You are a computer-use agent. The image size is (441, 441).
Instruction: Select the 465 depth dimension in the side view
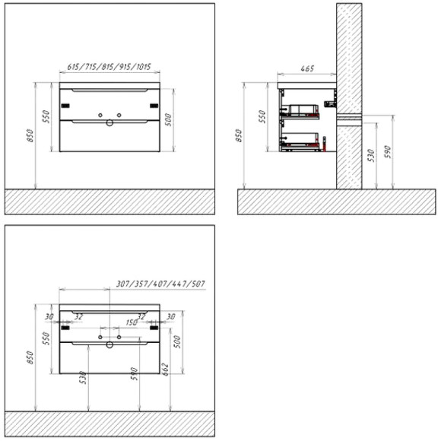tap(307, 68)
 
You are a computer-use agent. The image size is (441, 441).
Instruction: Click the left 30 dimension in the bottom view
tap(49, 317)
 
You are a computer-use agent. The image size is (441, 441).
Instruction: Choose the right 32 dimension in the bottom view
tap(141, 317)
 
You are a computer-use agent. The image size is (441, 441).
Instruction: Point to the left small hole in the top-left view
tap(100, 114)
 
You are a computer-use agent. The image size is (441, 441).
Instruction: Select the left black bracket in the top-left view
tap(65, 105)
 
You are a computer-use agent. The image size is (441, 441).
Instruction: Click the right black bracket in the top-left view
tap(154, 105)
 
